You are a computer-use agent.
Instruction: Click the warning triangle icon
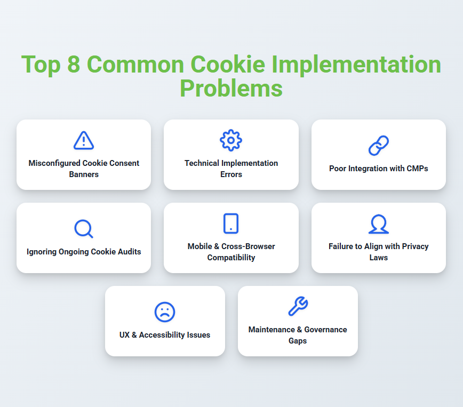coord(84,140)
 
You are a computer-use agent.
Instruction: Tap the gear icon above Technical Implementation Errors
coord(231,140)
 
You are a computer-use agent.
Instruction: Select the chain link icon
coord(379,145)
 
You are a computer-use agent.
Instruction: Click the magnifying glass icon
coord(84,229)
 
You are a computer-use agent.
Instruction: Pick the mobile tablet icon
coord(231,224)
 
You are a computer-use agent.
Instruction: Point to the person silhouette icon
coord(379,224)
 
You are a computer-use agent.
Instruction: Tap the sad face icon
coord(165,312)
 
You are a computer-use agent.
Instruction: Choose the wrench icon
coord(298,306)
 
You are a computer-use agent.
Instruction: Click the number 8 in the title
coord(74,64)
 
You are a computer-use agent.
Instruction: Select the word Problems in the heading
coord(231,89)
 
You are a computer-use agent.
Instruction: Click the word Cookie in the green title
coord(228,64)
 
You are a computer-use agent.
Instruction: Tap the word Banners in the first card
coord(84,174)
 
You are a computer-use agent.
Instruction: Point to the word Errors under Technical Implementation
coord(231,174)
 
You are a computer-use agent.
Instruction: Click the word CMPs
coord(417,169)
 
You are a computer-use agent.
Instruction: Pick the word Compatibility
coord(231,258)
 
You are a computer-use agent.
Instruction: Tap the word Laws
coord(379,258)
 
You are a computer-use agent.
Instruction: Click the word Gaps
coord(298,341)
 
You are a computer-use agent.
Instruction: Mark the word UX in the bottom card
coord(124,335)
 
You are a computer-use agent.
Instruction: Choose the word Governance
coord(326,330)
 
